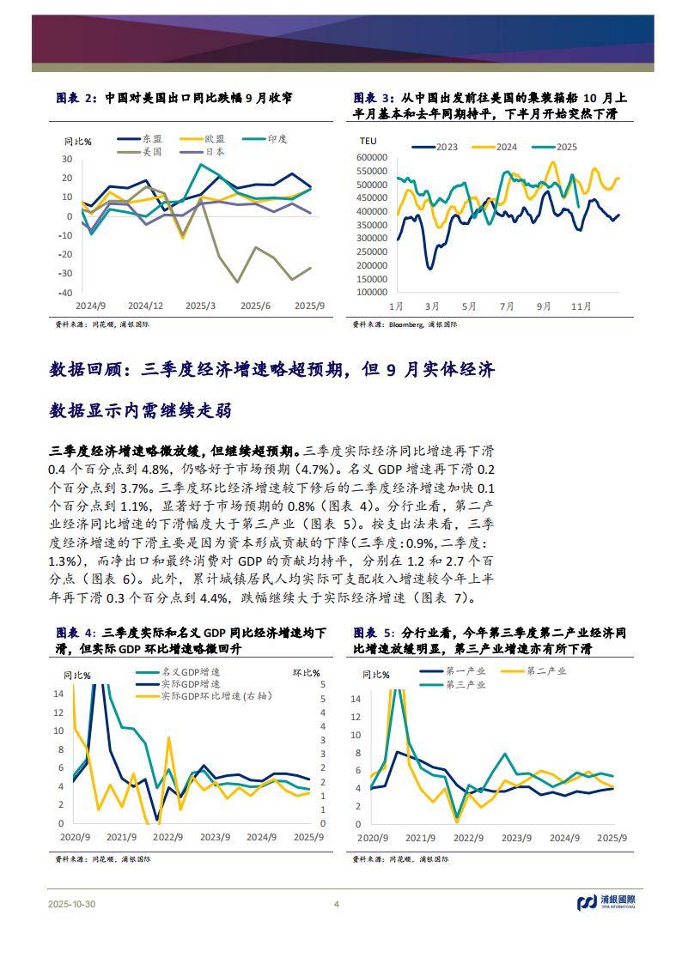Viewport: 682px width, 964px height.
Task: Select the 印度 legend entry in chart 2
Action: coord(277,139)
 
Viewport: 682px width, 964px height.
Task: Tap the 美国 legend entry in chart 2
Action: coord(151,152)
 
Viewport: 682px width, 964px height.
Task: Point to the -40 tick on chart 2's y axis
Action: coord(65,293)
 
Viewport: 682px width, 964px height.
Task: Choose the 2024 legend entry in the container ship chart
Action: coord(507,147)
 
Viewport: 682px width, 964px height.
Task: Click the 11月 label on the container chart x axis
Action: coord(582,306)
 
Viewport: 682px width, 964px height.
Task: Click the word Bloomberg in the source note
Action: coord(406,325)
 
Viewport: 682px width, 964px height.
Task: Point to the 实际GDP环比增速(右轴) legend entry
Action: coord(215,697)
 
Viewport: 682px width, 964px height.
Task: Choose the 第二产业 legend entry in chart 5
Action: coord(545,671)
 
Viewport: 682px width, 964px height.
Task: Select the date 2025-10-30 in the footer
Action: coord(73,904)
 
